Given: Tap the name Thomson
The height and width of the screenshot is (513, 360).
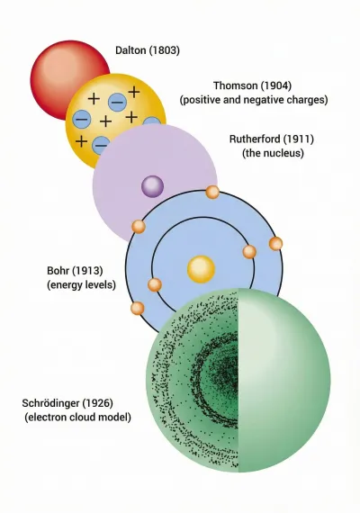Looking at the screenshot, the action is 235,85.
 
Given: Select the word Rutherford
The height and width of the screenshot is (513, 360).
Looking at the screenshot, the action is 255,139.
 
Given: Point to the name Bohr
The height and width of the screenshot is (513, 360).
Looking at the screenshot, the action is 58,271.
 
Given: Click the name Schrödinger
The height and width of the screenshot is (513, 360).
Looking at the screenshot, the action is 50,403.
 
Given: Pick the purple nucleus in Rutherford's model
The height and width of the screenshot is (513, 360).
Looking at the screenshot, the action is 152,186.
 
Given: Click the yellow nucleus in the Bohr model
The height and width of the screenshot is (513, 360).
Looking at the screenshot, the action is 201,269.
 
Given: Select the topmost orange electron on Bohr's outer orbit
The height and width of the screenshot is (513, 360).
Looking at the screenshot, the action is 212,192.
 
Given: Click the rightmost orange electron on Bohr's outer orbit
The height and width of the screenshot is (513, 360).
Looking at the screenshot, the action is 275,244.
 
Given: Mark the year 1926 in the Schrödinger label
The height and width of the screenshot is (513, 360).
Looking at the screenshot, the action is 97,403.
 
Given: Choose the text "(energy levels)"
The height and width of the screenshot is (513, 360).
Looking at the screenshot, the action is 82,284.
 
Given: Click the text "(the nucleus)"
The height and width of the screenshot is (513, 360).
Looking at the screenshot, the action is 273,153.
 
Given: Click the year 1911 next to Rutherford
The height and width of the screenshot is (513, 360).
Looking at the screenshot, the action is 299,139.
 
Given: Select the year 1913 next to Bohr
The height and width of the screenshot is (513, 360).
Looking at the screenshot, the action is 87,271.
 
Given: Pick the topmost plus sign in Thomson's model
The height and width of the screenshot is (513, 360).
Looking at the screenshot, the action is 134,91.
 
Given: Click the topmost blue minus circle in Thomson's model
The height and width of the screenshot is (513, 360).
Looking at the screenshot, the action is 117,102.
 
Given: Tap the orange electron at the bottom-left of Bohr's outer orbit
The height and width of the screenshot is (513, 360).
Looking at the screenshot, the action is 138,308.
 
